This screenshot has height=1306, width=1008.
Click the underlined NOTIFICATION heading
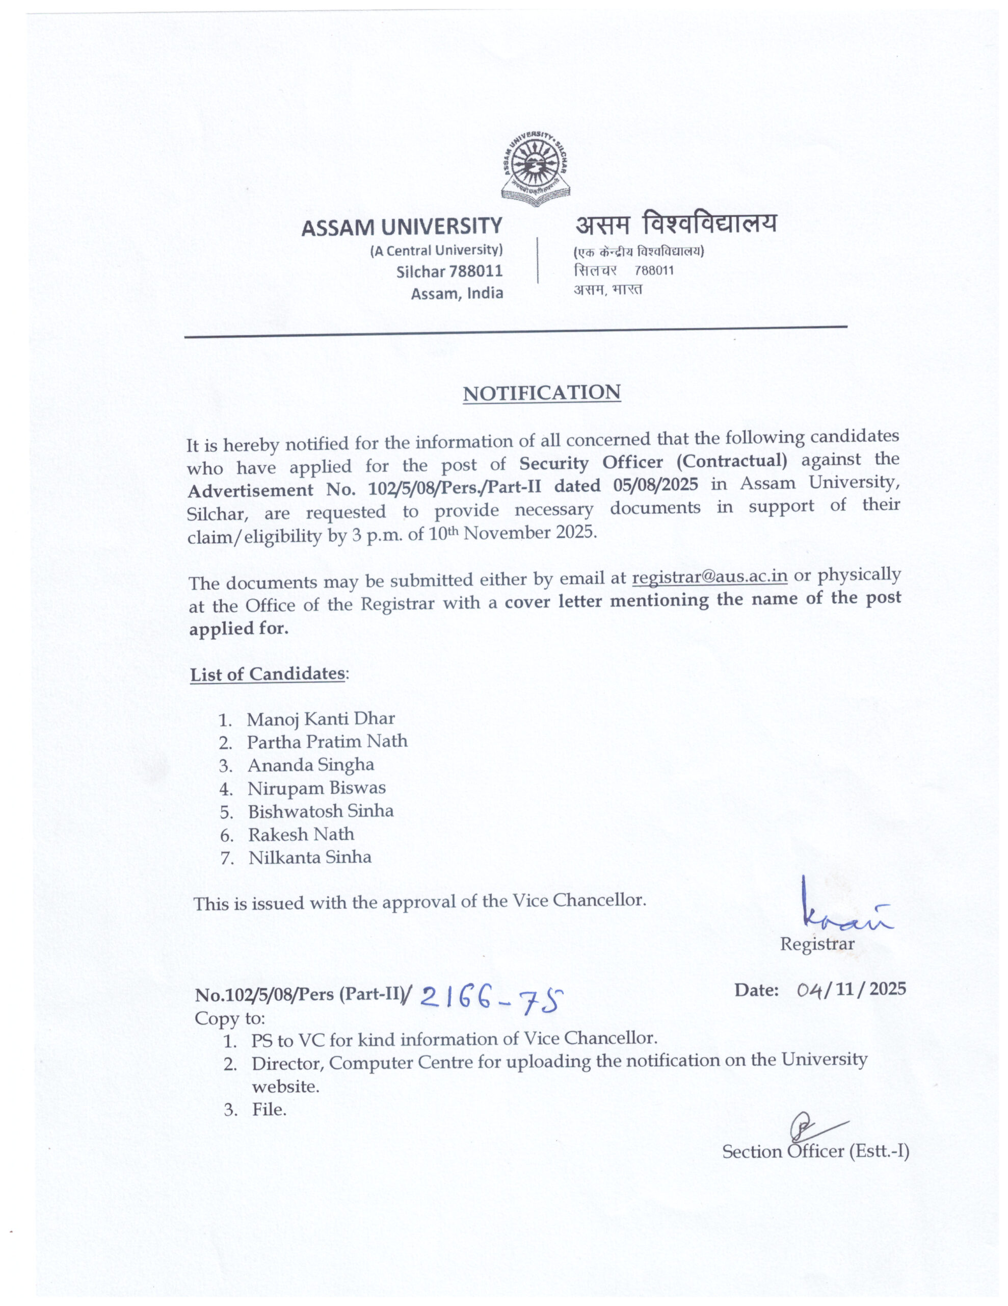point(541,393)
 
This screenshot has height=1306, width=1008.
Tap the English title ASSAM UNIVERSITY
point(402,227)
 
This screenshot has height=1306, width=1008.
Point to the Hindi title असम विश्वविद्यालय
point(676,224)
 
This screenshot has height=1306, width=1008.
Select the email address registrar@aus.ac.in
point(709,576)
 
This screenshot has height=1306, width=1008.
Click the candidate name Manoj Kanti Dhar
point(321,719)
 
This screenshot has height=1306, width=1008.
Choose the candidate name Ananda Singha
point(311,765)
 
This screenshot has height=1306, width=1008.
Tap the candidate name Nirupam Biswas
point(316,788)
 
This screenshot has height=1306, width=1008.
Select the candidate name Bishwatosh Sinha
point(321,812)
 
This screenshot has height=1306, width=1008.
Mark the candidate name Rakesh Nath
point(301,834)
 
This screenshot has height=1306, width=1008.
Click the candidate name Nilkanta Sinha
point(310,858)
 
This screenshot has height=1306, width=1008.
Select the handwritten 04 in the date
point(810,990)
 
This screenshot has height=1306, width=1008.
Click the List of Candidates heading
point(268,674)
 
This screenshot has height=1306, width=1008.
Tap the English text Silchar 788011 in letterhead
point(449,271)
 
